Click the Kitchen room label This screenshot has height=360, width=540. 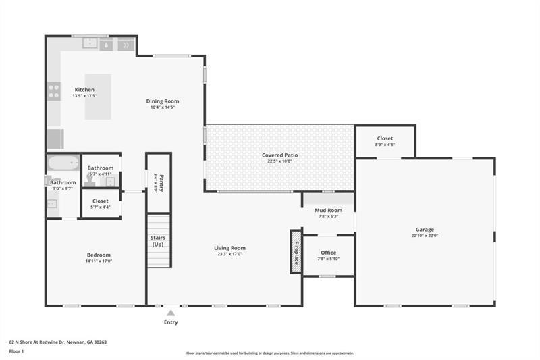pyautogui.click(x=84, y=90)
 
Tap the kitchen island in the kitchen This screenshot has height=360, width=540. pyautogui.click(x=98, y=97)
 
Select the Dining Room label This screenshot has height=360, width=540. pyautogui.click(x=162, y=101)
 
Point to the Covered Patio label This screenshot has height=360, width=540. pyautogui.click(x=279, y=155)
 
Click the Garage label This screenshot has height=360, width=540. pyautogui.click(x=425, y=230)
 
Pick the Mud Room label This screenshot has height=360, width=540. pyautogui.click(x=328, y=210)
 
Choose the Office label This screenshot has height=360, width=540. pyautogui.click(x=328, y=253)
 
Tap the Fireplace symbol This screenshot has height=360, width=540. pyautogui.click(x=296, y=251)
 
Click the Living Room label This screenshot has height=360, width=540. pyautogui.click(x=230, y=248)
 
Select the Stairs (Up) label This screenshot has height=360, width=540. pyautogui.click(x=158, y=241)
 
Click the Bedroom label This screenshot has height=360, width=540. pyautogui.click(x=98, y=255)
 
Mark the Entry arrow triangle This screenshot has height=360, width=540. pyautogui.click(x=171, y=313)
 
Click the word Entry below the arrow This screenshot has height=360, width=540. pyautogui.click(x=171, y=322)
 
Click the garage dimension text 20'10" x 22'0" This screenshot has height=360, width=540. pyautogui.click(x=425, y=236)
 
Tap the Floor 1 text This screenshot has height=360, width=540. pyautogui.click(x=16, y=351)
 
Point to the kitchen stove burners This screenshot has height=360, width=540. pyautogui.click(x=53, y=91)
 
